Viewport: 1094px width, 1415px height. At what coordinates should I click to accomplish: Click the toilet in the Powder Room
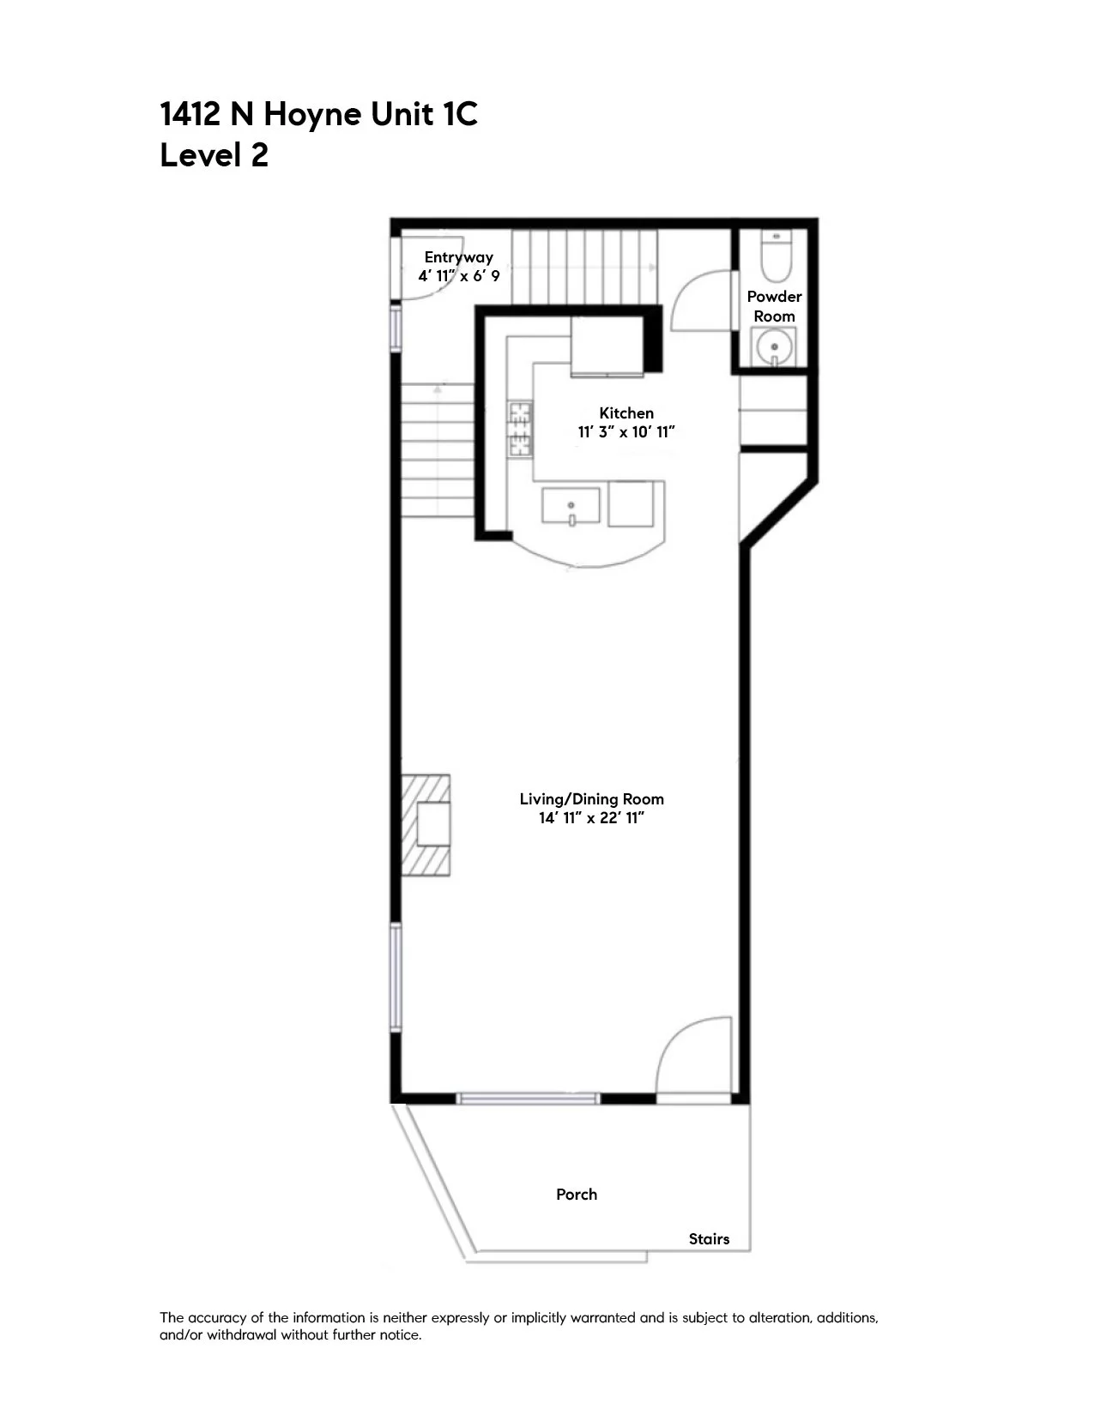pos(777,259)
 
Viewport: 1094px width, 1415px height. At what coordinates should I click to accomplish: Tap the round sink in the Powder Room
pos(774,348)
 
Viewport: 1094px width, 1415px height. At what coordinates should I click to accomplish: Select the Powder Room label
pos(774,306)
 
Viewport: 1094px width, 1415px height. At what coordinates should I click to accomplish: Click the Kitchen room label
pos(626,413)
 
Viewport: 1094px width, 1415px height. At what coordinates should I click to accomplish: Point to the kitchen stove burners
pos(520,428)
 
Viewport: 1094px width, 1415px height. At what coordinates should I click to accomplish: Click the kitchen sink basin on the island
pos(571,505)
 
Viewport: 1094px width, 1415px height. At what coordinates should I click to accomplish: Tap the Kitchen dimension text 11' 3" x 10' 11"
pos(626,432)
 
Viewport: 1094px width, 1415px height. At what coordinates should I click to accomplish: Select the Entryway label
pos(458,257)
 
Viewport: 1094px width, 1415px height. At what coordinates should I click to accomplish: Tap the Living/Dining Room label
pos(591,799)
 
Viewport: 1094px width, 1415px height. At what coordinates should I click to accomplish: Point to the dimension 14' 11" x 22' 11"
pos(591,818)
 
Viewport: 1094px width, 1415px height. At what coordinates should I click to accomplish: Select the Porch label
pos(576,1195)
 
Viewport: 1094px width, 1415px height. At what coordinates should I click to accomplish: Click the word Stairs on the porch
pos(709,1239)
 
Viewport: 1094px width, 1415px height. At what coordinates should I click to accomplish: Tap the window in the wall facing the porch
pos(528,1098)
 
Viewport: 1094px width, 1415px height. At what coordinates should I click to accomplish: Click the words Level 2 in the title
pos(214,156)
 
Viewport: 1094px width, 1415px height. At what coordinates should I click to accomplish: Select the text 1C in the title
pos(459,114)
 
